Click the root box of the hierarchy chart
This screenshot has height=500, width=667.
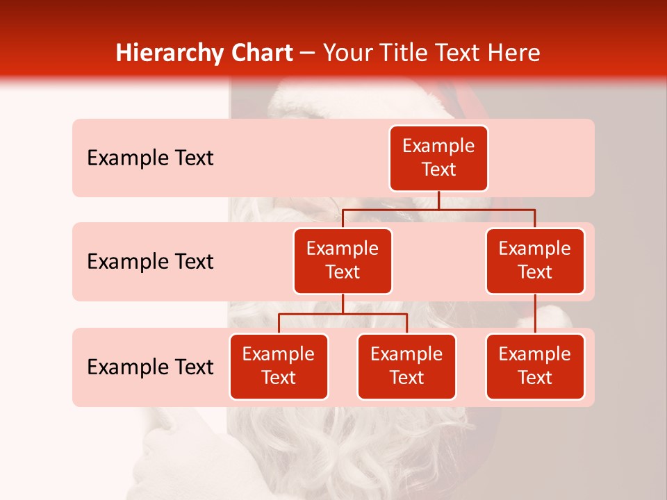(438, 158)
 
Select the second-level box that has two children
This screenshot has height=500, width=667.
(343, 260)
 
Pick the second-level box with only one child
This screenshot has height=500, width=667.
(535, 260)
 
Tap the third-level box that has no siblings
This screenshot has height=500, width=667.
(535, 366)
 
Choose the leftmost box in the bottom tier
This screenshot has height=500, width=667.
(279, 366)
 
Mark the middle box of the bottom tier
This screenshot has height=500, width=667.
(406, 366)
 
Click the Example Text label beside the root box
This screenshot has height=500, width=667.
(150, 158)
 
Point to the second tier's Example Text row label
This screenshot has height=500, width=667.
(150, 261)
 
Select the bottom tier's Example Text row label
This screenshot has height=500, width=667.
(150, 367)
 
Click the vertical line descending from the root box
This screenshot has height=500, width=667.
(438, 200)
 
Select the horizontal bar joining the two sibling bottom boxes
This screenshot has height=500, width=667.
(343, 314)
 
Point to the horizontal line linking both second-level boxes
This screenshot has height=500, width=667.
(438, 209)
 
